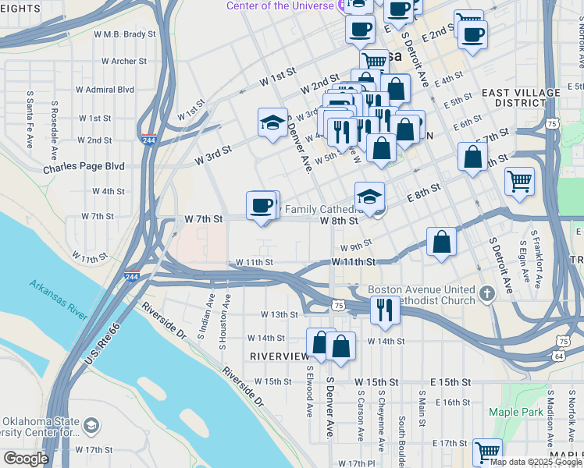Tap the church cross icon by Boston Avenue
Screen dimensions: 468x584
pos(487,294)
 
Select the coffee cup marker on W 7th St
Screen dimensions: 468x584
pos(262,206)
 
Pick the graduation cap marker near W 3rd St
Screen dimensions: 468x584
pos(272,122)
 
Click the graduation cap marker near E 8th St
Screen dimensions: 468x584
pos(369,196)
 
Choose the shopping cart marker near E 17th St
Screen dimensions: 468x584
pos(487,452)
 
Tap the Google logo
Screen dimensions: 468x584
pos(25,459)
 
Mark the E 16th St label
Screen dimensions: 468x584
pos(454,402)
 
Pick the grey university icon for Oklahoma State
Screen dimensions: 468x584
pos(92,425)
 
